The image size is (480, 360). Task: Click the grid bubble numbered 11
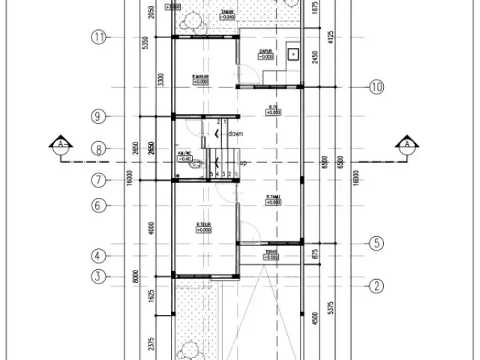tap(98, 37)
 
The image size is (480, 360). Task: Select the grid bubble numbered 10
tap(376, 88)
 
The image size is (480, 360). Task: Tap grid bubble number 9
tap(98, 116)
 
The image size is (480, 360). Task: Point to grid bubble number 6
tap(98, 205)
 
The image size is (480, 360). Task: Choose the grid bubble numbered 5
tap(376, 243)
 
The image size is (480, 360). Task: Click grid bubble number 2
tap(376, 285)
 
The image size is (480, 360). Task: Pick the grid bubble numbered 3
tap(98, 276)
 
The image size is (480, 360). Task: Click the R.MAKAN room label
tap(199, 76)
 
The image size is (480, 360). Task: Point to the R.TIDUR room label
tap(202, 225)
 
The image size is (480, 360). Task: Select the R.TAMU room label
tap(272, 198)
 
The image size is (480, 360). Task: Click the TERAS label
tap(271, 251)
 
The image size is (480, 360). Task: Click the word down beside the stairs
tap(235, 133)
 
